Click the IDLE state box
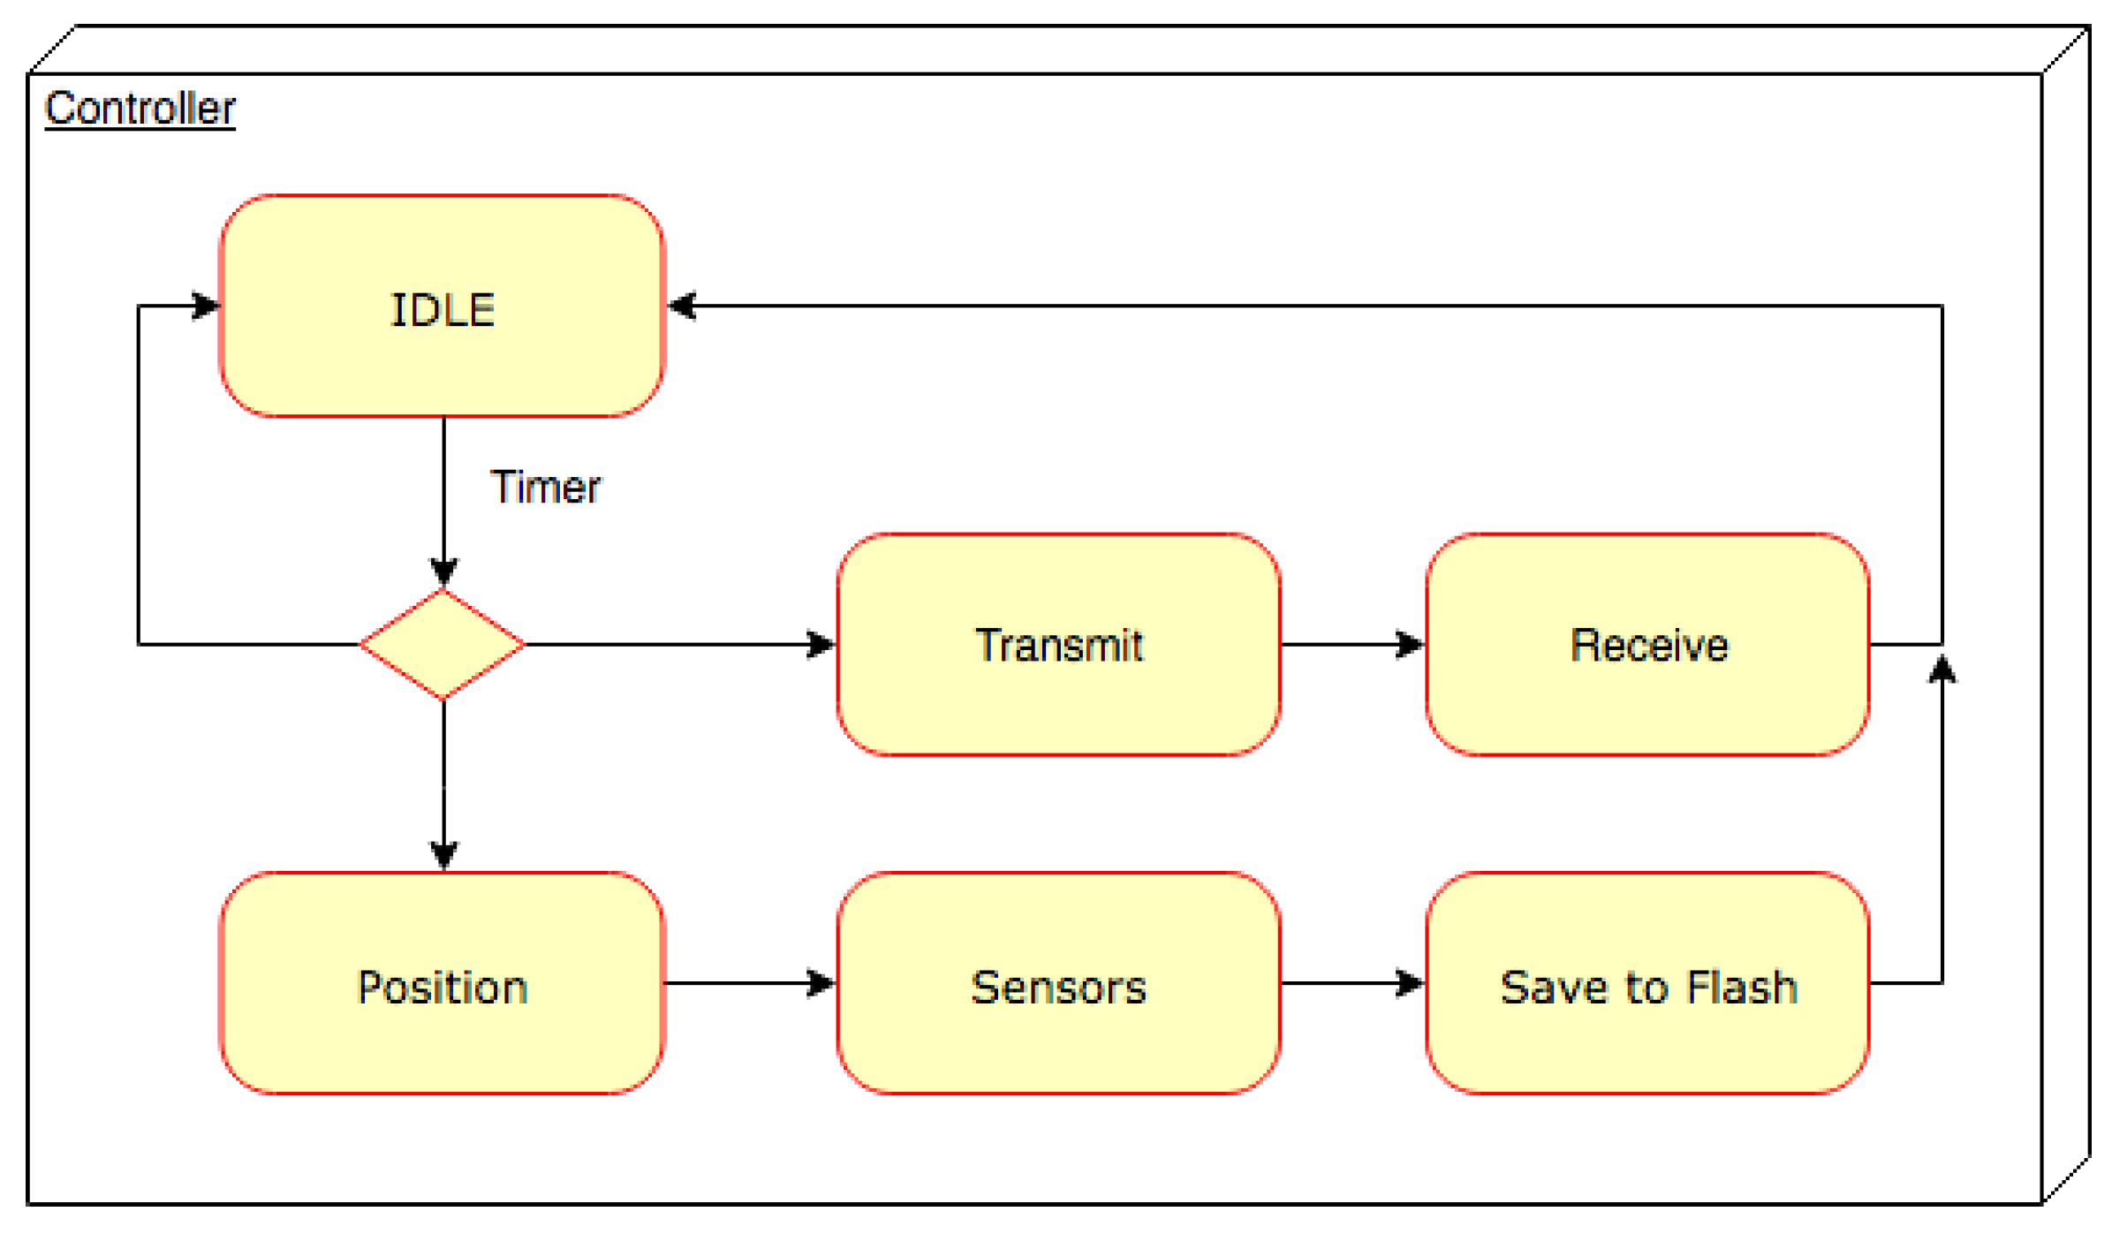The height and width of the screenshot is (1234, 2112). pyautogui.click(x=442, y=306)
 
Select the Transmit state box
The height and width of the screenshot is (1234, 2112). pyautogui.click(x=1058, y=645)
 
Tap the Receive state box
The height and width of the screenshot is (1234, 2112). pyautogui.click(x=1647, y=645)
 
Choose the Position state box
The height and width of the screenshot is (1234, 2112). pyautogui.click(x=442, y=983)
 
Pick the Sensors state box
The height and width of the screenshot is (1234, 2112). pyautogui.click(x=1058, y=983)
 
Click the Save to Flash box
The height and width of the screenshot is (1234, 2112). pyautogui.click(x=1647, y=983)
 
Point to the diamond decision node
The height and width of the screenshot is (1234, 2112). pyautogui.click(x=443, y=645)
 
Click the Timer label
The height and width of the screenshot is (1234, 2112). pyautogui.click(x=545, y=488)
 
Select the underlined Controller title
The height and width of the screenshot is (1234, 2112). pyautogui.click(x=140, y=109)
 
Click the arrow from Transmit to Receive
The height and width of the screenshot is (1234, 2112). pyautogui.click(x=1351, y=645)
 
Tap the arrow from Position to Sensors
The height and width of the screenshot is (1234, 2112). pyautogui.click(x=749, y=983)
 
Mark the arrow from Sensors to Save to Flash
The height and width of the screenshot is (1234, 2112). pyautogui.click(x=1351, y=983)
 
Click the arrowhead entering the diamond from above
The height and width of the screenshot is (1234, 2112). pyautogui.click(x=443, y=572)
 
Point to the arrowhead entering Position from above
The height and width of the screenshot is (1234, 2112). pyautogui.click(x=443, y=854)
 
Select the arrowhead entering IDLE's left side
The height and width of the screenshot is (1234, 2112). pyautogui.click(x=205, y=306)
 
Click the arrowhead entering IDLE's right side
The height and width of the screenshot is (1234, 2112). pyautogui.click(x=682, y=306)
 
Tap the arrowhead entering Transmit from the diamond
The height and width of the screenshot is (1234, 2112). pyautogui.click(x=820, y=645)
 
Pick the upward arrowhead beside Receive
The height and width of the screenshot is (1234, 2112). pyautogui.click(x=1942, y=670)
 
